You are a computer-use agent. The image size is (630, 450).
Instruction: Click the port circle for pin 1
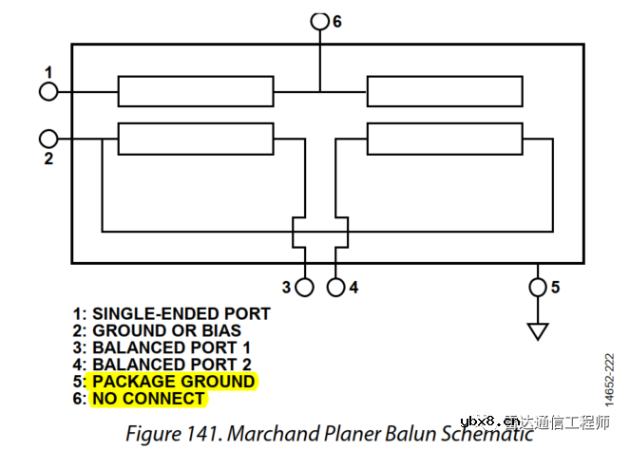click(x=48, y=91)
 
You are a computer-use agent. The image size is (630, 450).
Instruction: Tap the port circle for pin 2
click(x=48, y=138)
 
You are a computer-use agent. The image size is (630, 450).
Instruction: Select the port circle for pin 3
click(x=305, y=286)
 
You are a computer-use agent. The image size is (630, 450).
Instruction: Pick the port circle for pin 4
click(x=336, y=286)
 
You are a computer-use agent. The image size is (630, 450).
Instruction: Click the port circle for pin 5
click(x=538, y=286)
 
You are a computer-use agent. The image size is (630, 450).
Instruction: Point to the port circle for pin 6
click(x=320, y=20)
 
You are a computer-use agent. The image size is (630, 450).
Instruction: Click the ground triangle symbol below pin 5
click(x=538, y=330)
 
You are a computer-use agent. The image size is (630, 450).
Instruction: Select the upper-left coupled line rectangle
click(x=196, y=91)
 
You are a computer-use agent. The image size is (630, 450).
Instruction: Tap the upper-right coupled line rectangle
click(x=445, y=91)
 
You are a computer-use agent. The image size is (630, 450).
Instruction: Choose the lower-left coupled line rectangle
click(x=196, y=138)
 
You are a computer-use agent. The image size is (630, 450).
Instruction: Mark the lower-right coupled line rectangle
click(x=445, y=138)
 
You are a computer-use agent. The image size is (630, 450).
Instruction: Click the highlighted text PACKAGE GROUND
click(x=173, y=382)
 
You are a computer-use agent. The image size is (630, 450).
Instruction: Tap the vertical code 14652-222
click(x=609, y=383)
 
